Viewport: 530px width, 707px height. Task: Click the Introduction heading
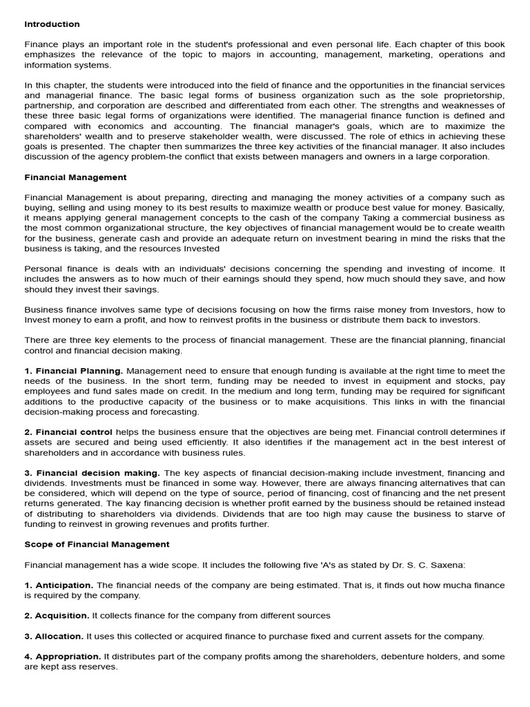[52, 24]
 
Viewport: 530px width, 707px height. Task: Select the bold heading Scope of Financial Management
[97, 544]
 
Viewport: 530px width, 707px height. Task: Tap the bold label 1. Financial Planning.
[74, 371]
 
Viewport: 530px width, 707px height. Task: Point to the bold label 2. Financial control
[69, 432]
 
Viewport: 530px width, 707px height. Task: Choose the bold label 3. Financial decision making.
[92, 473]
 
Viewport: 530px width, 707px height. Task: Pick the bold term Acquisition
[62, 615]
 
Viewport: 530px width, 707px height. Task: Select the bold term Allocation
[59, 636]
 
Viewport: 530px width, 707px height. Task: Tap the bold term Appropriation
[68, 657]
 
